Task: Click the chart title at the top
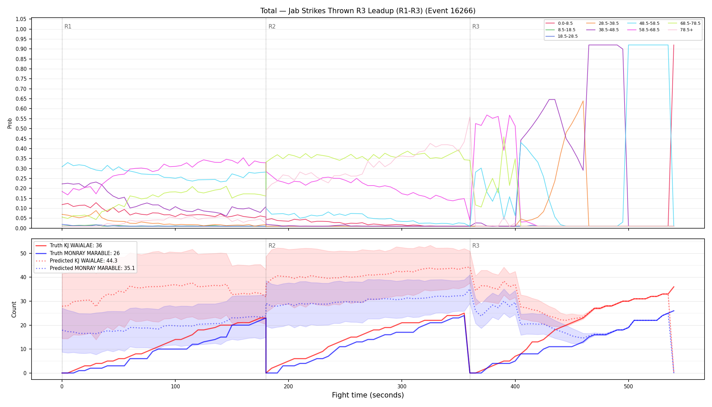click(368, 11)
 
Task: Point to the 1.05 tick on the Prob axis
click(21, 19)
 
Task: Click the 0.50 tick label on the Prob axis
click(21, 129)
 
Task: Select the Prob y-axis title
click(9, 123)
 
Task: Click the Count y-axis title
click(14, 309)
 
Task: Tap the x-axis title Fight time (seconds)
click(368, 395)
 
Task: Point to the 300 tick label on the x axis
click(402, 386)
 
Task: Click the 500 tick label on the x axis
click(628, 386)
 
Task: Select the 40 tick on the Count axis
click(23, 277)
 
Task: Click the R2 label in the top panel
click(272, 26)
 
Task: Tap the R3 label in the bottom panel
click(476, 246)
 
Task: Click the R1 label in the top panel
click(68, 26)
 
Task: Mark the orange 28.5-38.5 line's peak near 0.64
click(583, 101)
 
